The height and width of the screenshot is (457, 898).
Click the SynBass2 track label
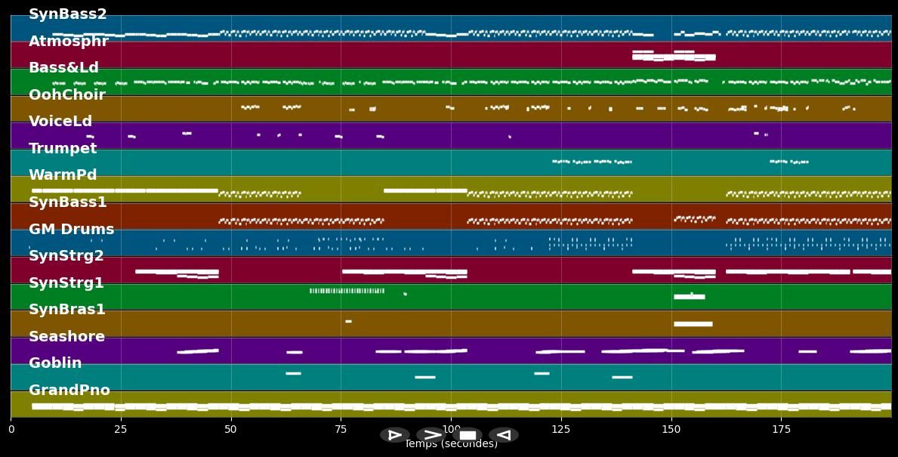point(67,14)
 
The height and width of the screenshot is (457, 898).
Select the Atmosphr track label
point(68,42)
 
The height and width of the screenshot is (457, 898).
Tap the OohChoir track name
point(66,95)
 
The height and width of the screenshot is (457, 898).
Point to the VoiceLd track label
point(60,122)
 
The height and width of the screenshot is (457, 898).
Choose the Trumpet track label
point(63,149)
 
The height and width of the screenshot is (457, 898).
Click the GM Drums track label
point(71,230)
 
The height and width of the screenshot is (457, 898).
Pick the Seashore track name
point(66,337)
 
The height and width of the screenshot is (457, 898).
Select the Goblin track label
point(55,363)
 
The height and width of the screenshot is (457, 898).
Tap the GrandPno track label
point(69,391)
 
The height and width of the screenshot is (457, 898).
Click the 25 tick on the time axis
point(121,430)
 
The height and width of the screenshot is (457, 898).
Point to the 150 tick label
point(671,430)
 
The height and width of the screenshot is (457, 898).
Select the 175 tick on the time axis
point(781,430)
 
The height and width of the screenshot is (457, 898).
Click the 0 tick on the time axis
point(11,430)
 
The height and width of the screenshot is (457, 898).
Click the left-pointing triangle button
point(503,434)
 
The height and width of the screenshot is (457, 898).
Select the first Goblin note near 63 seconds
point(293,373)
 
